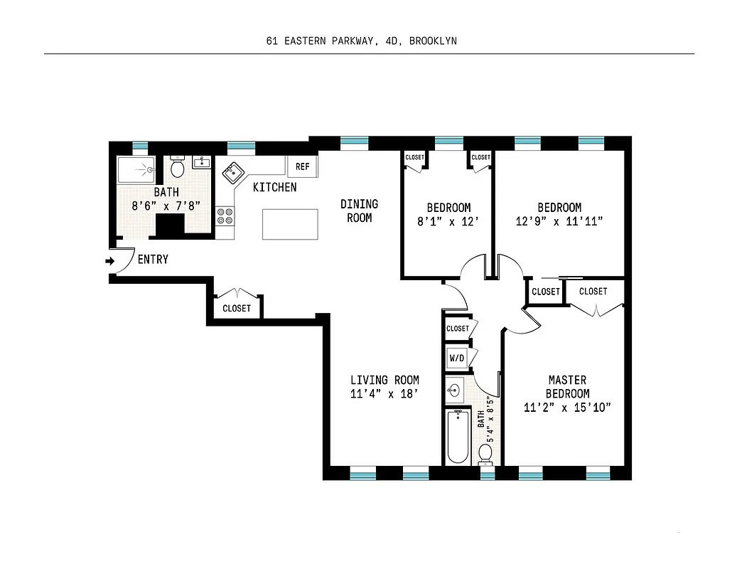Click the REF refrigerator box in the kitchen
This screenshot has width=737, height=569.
pyautogui.click(x=302, y=166)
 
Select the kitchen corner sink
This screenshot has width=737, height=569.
pyautogui.click(x=234, y=173)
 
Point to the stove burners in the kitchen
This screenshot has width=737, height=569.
pyautogui.click(x=225, y=216)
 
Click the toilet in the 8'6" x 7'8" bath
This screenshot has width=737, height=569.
pyautogui.click(x=178, y=169)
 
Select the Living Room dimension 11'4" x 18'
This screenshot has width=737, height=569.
pyautogui.click(x=384, y=393)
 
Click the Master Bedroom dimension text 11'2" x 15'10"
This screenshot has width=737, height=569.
pyautogui.click(x=567, y=408)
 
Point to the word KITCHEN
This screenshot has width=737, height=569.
pyautogui.click(x=275, y=188)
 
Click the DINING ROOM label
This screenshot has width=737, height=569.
pyautogui.click(x=359, y=211)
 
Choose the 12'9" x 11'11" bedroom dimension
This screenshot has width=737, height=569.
pyautogui.click(x=559, y=221)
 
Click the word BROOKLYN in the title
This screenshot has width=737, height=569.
pyautogui.click(x=433, y=41)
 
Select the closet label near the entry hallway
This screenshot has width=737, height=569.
pyautogui.click(x=237, y=309)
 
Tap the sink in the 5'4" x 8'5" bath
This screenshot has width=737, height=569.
pyautogui.click(x=455, y=390)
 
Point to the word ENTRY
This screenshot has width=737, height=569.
pyautogui.click(x=153, y=260)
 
